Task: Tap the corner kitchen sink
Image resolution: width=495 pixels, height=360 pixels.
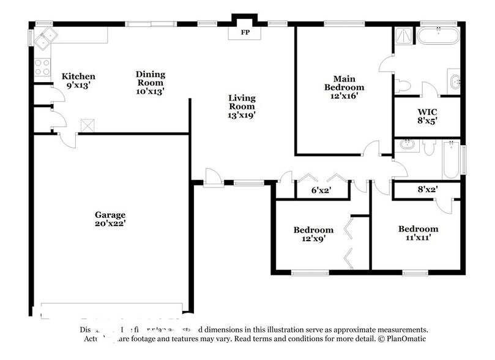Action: click(x=44, y=41)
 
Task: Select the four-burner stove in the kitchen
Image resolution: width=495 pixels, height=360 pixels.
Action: click(x=42, y=67)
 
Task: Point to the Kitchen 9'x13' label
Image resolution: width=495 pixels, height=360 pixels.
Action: click(x=78, y=81)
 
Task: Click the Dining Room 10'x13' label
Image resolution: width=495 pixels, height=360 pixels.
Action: click(x=150, y=82)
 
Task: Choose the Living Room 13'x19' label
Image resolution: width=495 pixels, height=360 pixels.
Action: click(x=242, y=105)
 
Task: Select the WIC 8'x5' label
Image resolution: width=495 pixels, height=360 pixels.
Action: click(x=426, y=116)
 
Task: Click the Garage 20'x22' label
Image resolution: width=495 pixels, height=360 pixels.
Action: click(x=110, y=219)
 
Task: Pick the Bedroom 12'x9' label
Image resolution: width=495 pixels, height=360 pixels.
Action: click(x=313, y=234)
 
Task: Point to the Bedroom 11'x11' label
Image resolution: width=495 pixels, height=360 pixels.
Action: click(x=418, y=233)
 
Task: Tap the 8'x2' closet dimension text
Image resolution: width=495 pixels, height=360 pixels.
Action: click(x=427, y=190)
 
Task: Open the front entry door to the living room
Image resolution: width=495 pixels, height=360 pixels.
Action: click(x=214, y=179)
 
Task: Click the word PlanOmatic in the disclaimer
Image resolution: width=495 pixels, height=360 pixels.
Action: click(x=405, y=339)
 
